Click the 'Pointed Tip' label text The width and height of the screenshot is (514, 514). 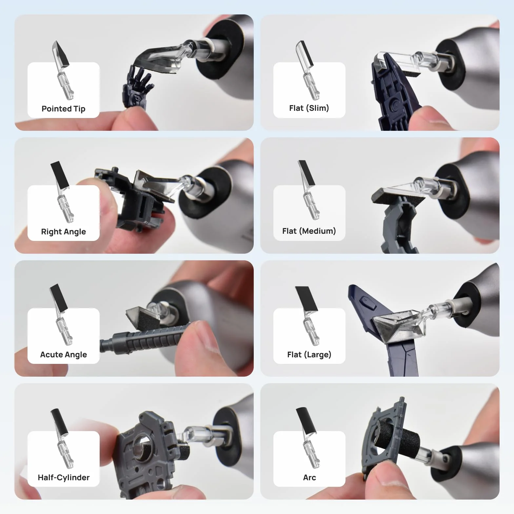[x=63, y=109]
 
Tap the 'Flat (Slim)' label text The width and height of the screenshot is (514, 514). [x=309, y=108]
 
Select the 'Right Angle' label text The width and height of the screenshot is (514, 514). [x=63, y=232]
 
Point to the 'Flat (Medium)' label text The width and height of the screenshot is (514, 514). [x=309, y=231]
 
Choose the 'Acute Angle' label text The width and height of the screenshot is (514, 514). [x=63, y=355]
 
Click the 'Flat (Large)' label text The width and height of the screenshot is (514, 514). [x=309, y=355]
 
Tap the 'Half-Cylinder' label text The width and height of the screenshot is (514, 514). [x=64, y=478]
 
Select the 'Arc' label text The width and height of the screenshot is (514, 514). [x=309, y=478]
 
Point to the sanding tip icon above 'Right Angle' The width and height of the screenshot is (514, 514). [x=62, y=191]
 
